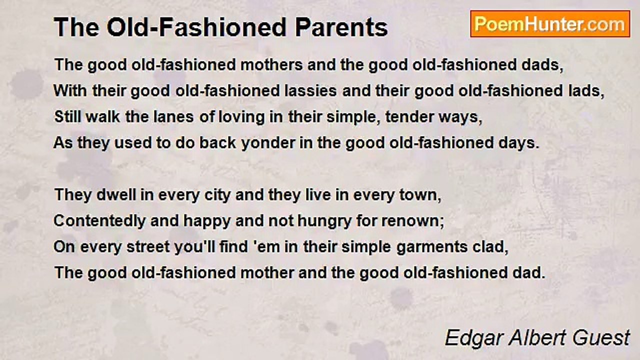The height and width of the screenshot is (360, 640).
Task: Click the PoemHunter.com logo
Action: (x=550, y=24)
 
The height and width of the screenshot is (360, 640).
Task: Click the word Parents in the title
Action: (x=341, y=27)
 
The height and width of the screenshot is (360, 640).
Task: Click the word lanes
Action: (x=173, y=117)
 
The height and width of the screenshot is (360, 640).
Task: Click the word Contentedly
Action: (x=99, y=221)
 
